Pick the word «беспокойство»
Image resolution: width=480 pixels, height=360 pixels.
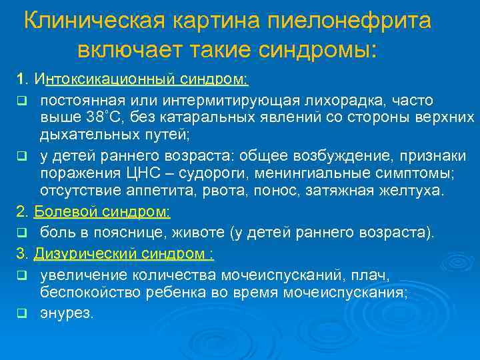[85, 291]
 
